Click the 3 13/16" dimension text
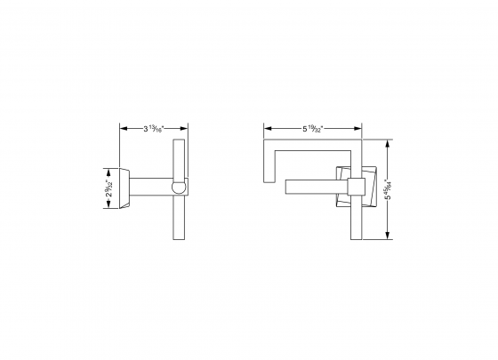point(152,129)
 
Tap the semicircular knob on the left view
point(179,188)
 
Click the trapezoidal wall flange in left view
point(125,188)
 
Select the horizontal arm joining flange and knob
point(151,188)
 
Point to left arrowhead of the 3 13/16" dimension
point(123,129)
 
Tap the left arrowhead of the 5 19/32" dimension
point(266,129)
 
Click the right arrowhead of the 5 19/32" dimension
point(358,129)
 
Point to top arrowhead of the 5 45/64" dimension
point(389,141)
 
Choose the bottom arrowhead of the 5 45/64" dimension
point(389,236)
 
